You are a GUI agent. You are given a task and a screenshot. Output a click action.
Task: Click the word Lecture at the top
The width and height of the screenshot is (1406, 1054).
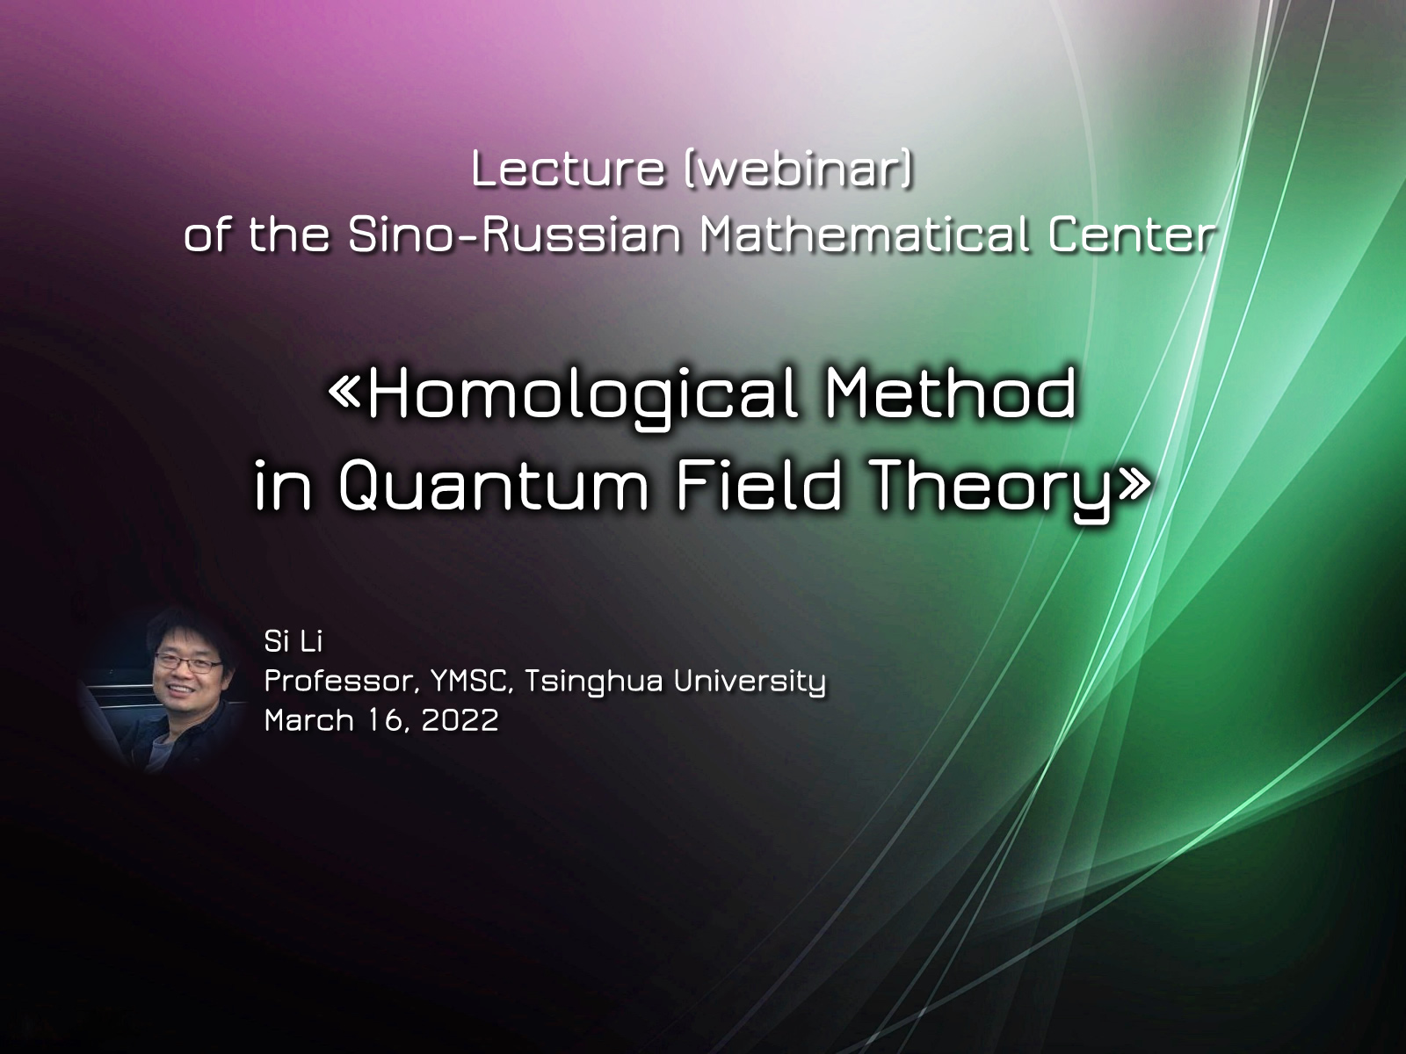pos(568,169)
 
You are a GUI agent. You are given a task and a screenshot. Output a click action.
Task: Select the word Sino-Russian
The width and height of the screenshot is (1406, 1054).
pos(515,235)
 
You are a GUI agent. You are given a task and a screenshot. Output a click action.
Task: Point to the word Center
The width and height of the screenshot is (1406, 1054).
pos(1133,235)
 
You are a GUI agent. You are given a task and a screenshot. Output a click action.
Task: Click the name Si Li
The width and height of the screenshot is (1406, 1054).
pos(293,642)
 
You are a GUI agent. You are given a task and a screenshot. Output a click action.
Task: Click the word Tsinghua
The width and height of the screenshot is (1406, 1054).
pos(593,682)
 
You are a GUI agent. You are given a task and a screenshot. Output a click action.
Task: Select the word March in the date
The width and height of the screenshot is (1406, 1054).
pos(308,720)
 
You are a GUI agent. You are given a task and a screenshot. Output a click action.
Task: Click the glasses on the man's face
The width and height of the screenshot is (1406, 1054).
pos(188,665)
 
